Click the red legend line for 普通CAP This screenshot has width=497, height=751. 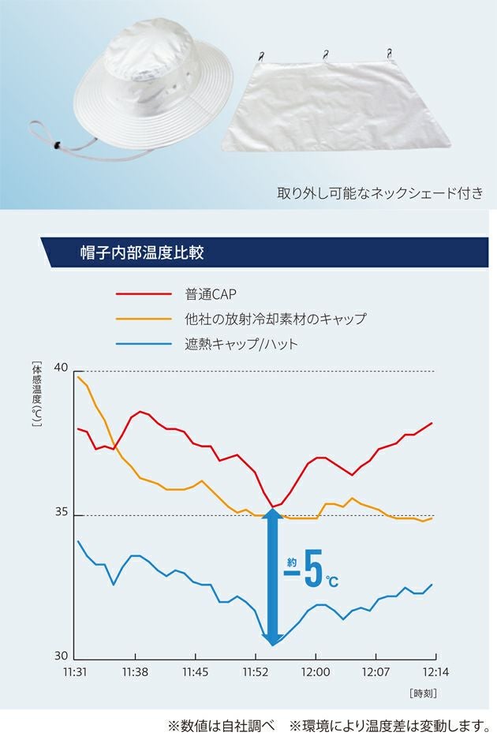click(144, 294)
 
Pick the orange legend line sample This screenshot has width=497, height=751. click(144, 319)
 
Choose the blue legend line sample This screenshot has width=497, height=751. click(144, 344)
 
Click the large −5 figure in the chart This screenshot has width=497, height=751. click(312, 574)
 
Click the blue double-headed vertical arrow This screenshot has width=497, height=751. click(273, 576)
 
